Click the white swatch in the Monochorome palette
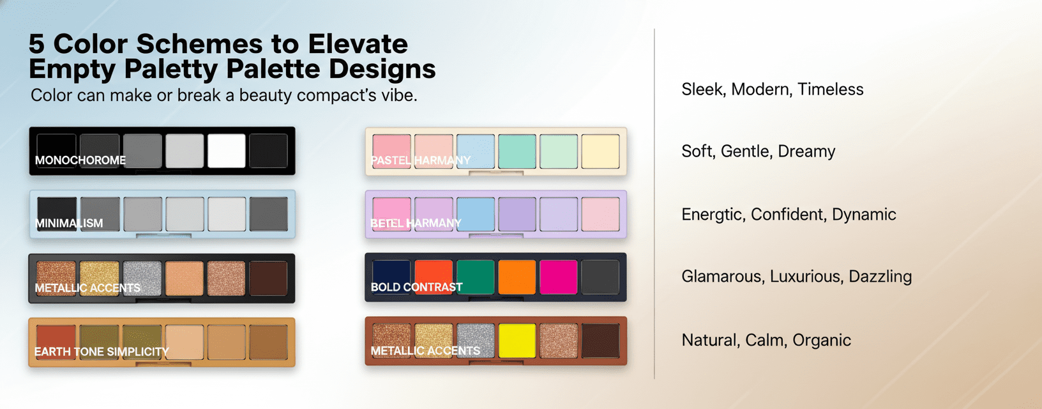[x=227, y=151]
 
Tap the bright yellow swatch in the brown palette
[x=517, y=341]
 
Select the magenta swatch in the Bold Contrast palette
[x=558, y=277]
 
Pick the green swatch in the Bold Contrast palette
[x=475, y=277]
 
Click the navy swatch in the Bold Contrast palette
[x=391, y=272]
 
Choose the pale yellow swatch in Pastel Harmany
[x=600, y=151]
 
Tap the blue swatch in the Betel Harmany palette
[x=475, y=214]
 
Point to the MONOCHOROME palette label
[x=80, y=160]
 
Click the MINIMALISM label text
[x=69, y=224]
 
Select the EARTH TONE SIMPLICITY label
[x=102, y=352]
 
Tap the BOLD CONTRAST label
[x=416, y=288]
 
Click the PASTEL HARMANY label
[x=421, y=160]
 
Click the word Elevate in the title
[x=358, y=44]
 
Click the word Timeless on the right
[x=830, y=89]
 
